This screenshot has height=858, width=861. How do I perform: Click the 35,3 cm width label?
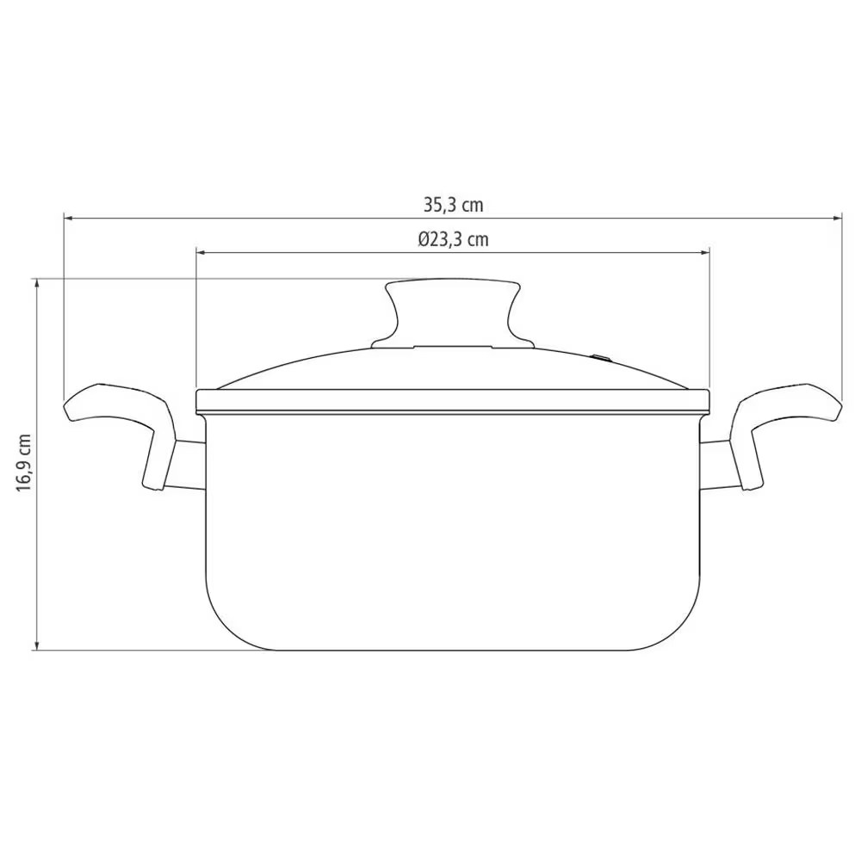click(x=453, y=206)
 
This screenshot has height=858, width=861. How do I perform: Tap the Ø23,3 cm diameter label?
click(x=453, y=239)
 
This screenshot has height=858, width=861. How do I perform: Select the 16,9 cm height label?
click(x=23, y=462)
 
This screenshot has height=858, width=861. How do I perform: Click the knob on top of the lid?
click(x=453, y=313)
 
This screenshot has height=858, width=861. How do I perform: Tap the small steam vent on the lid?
click(x=601, y=358)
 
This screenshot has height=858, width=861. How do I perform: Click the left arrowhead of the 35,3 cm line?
click(x=69, y=219)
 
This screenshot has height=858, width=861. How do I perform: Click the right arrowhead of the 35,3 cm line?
click(x=838, y=219)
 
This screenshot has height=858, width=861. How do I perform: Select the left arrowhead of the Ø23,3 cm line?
click(x=201, y=252)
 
